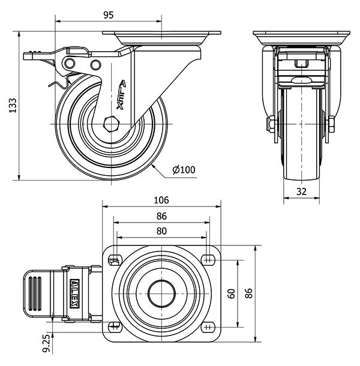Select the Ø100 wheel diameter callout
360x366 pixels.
coord(184,170)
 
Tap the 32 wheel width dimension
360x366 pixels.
coord(301,192)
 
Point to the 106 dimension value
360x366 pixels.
coord(161,200)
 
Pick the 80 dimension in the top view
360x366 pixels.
coord(161,230)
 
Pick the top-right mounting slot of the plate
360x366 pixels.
coord(208,259)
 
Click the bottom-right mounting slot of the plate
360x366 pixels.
coord(208,327)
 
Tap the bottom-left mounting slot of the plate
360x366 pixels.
coord(115,327)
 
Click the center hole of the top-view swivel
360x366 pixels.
coord(161,293)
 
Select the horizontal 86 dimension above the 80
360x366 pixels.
coord(161,216)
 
